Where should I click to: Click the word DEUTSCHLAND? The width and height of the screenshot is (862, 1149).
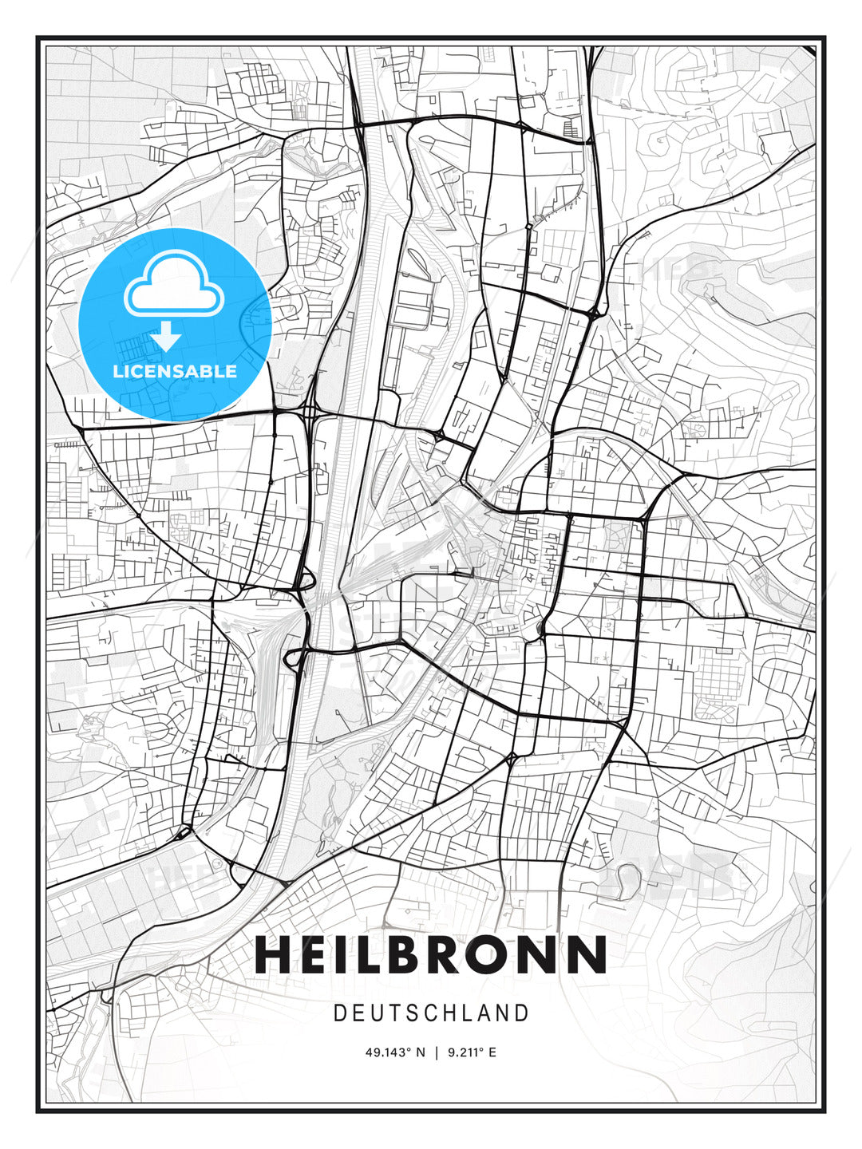coord(431,1013)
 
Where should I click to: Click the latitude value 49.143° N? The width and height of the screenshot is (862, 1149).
coord(395,1052)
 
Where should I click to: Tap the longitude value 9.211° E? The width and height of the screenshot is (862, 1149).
coord(471,1052)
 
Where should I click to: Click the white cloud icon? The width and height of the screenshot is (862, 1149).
coord(174,285)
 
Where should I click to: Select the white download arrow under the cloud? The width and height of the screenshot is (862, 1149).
coord(166,337)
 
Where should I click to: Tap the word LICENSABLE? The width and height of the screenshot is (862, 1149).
coord(174,371)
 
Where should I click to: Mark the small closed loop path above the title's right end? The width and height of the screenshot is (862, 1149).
coord(627,879)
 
